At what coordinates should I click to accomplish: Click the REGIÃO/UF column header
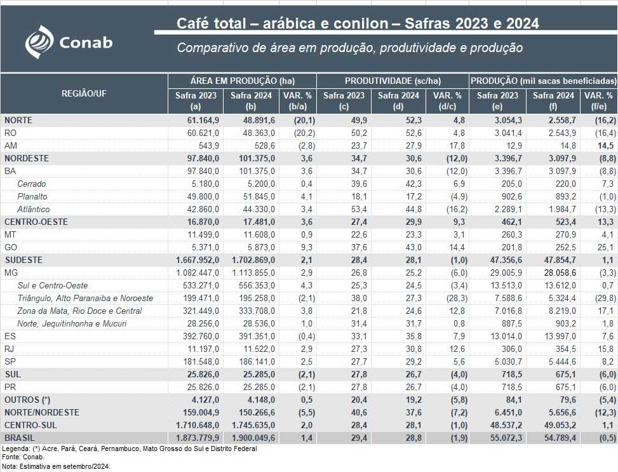84,93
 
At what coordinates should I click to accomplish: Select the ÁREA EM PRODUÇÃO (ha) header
242,81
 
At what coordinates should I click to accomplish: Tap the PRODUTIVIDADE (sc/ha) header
393,81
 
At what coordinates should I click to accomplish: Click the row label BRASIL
20,438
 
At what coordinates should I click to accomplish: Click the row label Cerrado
32,184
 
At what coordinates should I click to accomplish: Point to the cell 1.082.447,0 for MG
194,273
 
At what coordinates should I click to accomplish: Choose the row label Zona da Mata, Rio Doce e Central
79,311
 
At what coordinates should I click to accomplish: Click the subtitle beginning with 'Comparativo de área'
349,48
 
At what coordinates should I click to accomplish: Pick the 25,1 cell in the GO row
607,247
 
